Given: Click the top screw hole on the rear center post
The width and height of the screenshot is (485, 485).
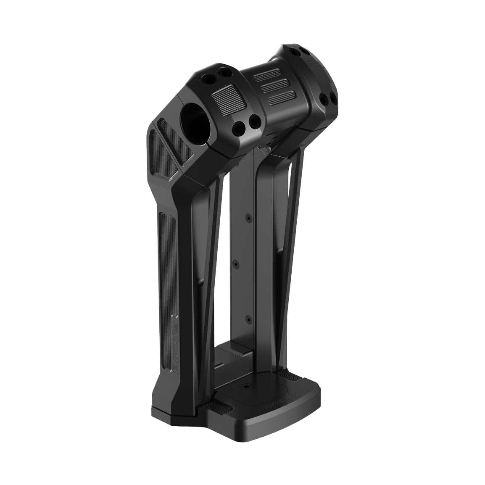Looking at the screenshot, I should (x=248, y=219).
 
